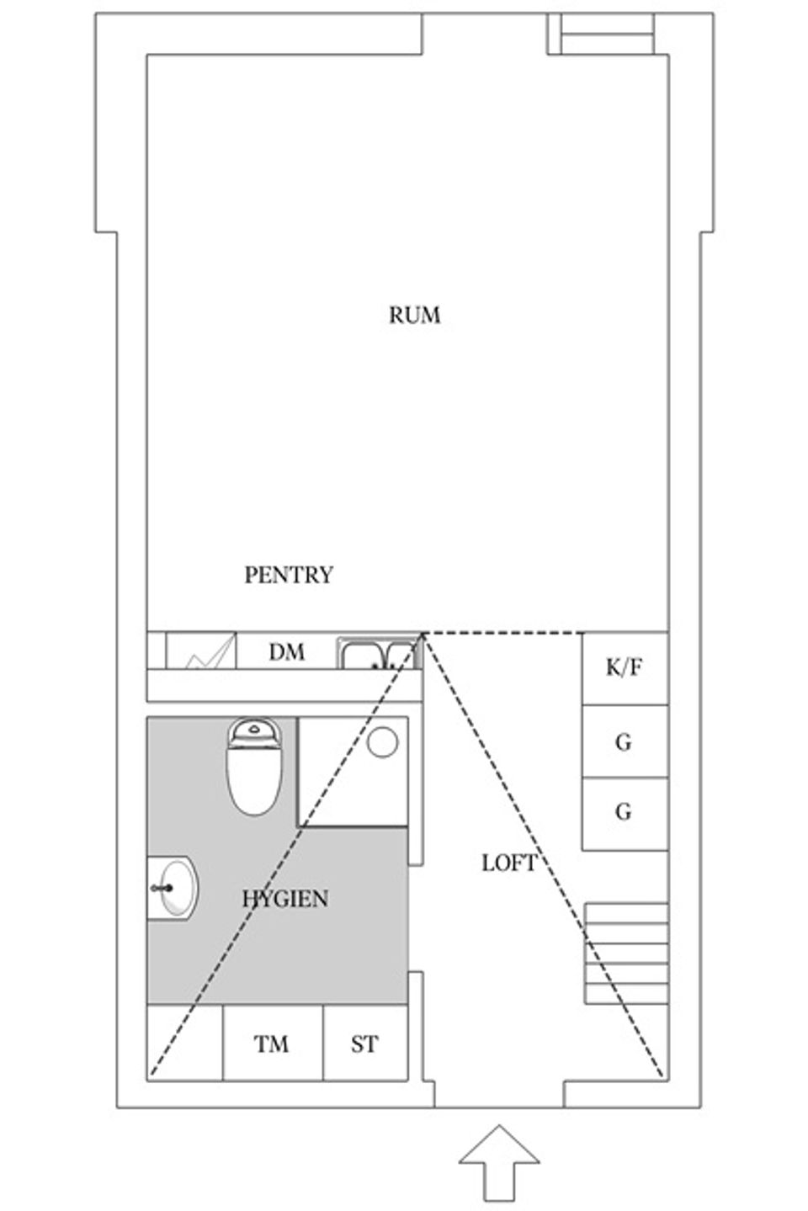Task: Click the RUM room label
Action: (x=414, y=316)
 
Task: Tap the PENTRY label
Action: (x=289, y=575)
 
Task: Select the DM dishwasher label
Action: (x=287, y=652)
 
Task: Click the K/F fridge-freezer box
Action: (x=625, y=668)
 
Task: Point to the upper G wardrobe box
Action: (x=625, y=741)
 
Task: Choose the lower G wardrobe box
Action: (x=625, y=814)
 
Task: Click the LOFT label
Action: (x=509, y=863)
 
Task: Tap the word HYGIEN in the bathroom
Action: (x=285, y=899)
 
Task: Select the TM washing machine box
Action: (x=273, y=1043)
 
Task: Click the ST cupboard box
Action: (x=365, y=1043)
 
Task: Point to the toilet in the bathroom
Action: (x=253, y=766)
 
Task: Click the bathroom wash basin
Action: (x=173, y=888)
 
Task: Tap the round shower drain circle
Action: (x=382, y=742)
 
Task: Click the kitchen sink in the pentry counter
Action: (x=379, y=653)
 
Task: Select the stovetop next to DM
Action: (x=200, y=651)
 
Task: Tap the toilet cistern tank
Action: (x=254, y=732)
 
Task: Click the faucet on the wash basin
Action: (x=162, y=888)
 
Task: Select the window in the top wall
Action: (x=600, y=34)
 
